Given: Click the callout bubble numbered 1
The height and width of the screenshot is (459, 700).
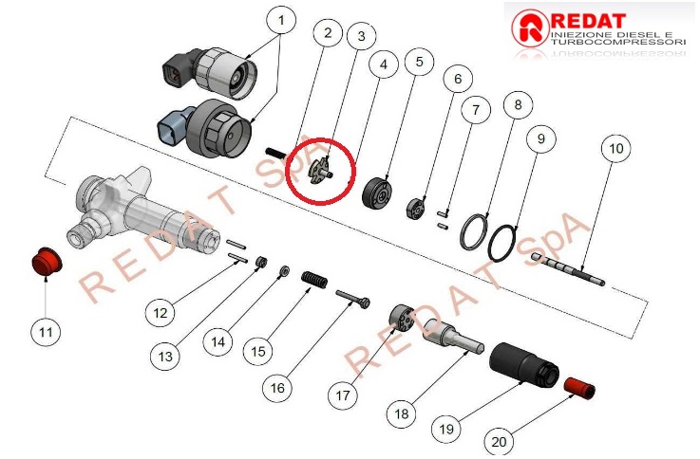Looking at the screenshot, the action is click(x=281, y=20).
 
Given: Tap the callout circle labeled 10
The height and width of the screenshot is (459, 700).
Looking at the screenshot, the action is click(x=616, y=148).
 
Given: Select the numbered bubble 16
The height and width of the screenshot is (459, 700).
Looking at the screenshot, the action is click(x=277, y=388).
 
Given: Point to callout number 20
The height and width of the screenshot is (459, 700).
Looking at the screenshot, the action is click(x=499, y=442).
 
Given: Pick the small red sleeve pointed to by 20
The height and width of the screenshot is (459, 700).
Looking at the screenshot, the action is click(x=579, y=388).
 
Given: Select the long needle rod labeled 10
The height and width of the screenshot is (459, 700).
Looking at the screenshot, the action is click(x=567, y=268).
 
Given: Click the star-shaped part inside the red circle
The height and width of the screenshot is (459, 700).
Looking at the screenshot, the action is click(x=321, y=172).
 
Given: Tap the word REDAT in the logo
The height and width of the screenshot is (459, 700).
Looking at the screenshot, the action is click(x=588, y=22).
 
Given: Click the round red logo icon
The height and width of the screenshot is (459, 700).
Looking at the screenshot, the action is click(x=530, y=28).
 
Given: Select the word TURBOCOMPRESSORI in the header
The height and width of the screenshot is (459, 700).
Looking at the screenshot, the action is click(x=618, y=42).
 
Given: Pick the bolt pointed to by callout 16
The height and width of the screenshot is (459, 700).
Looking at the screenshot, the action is click(x=352, y=299).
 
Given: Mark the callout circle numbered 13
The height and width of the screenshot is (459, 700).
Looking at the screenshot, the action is click(x=165, y=356).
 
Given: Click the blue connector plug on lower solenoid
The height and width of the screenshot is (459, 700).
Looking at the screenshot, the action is click(x=172, y=127).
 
